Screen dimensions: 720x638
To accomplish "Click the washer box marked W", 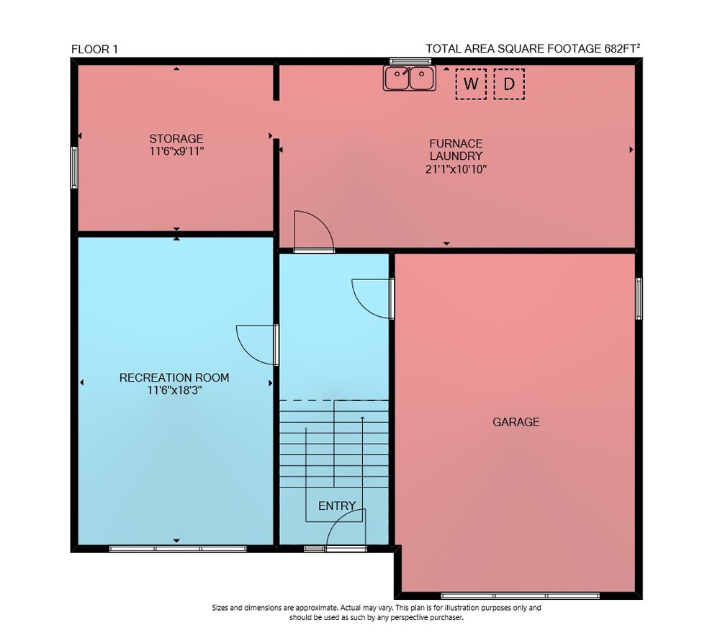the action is [471, 84].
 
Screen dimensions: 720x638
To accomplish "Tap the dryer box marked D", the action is [509, 84].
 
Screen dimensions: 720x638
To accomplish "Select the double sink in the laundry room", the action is [410, 78].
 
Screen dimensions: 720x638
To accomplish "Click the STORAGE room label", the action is [176, 138].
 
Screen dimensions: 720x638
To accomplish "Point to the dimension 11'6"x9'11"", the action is [176, 151].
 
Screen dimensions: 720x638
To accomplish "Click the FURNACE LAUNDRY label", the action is [456, 149].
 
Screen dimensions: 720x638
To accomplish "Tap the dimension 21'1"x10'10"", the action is [456, 169].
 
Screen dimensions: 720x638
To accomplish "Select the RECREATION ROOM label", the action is [174, 377].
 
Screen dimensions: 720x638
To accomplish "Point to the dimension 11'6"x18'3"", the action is [174, 390].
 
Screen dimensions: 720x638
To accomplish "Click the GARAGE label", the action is [516, 422].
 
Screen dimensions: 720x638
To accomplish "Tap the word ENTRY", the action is [337, 506].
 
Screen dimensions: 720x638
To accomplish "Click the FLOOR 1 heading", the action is [94, 49].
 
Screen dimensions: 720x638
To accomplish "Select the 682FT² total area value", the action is [622, 48].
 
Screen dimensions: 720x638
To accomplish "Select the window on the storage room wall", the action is [74, 168].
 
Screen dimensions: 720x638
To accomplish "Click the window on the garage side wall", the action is [639, 299].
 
